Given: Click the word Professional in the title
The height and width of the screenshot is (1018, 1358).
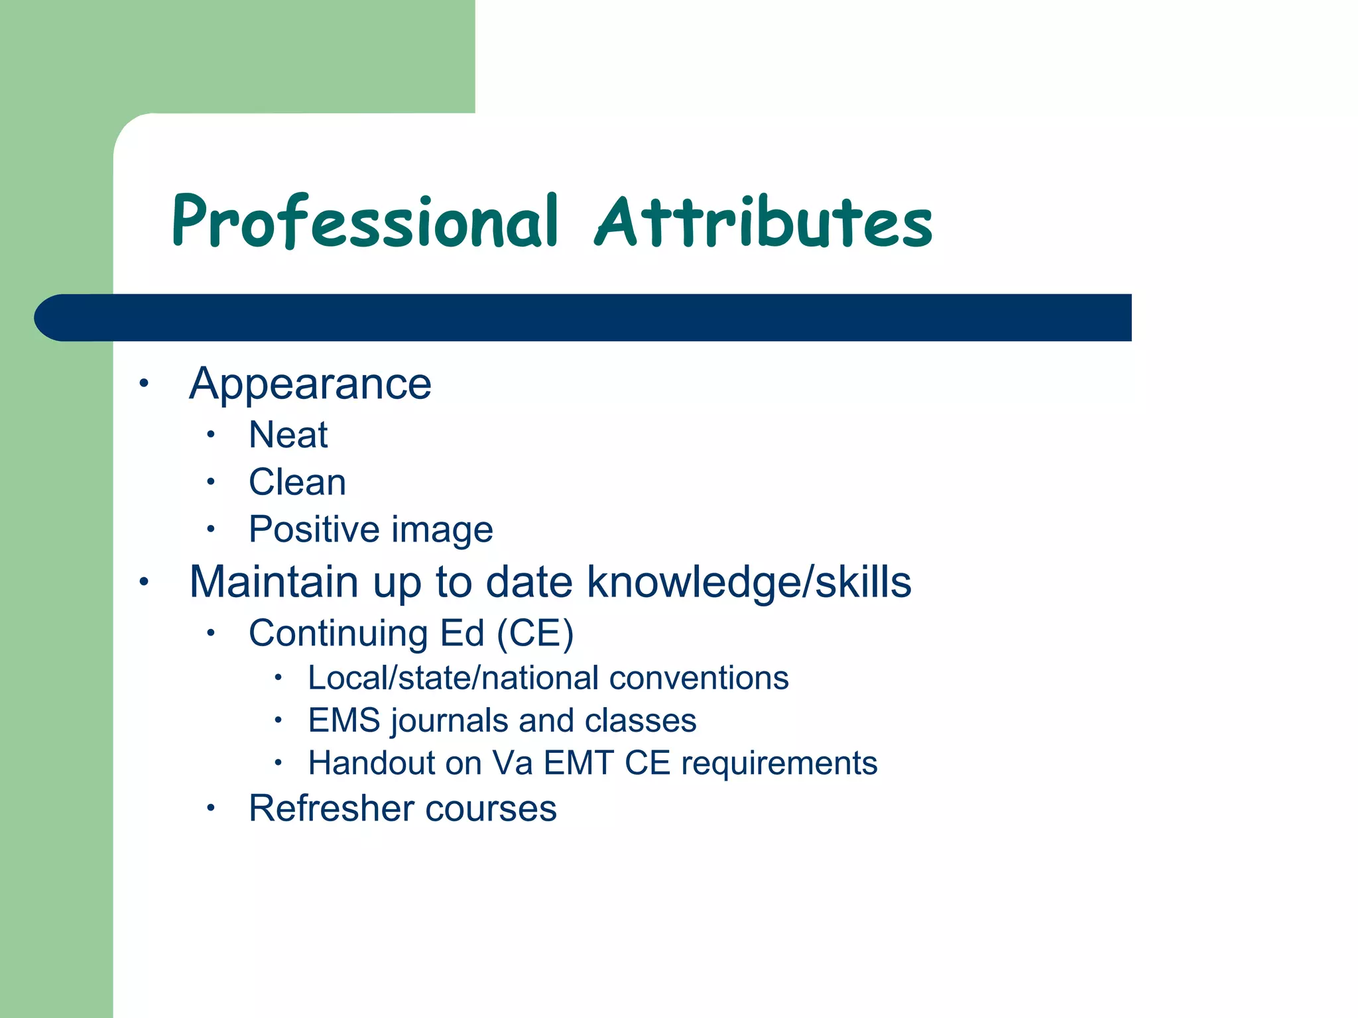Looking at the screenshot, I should pos(365,222).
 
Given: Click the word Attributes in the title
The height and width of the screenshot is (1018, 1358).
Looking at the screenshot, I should pos(764,222).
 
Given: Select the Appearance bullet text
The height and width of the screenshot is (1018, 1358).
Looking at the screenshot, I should pos(310,384).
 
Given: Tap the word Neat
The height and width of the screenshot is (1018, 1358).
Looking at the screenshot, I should pos(288,435).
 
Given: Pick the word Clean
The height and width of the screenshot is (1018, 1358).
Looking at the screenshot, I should pos(297,482).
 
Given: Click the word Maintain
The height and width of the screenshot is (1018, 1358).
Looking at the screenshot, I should pos(273,582).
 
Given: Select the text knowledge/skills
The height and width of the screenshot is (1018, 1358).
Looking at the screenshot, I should pos(749,583).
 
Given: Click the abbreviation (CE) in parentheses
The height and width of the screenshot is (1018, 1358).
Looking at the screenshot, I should pos(535,634).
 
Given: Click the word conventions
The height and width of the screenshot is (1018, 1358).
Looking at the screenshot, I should pos(699,678).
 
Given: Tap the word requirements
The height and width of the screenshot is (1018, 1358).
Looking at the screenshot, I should pos(779,763).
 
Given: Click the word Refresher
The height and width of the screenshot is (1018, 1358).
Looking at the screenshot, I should pos(331,809).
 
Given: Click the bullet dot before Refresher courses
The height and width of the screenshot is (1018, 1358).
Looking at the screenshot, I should pos(210,808).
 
